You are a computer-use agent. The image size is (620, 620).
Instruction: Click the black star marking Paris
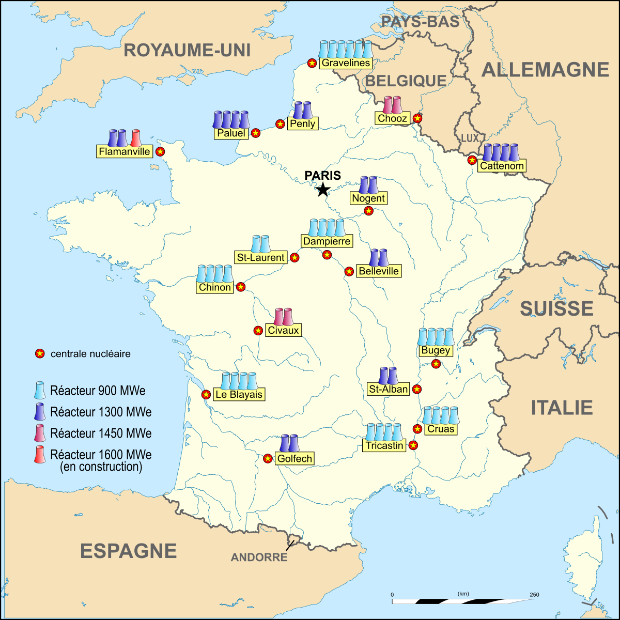click(323, 190)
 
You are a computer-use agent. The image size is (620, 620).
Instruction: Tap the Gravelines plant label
click(346, 63)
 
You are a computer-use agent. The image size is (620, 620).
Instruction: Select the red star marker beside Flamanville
click(160, 151)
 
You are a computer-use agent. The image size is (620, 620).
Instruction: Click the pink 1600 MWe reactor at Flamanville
click(136, 138)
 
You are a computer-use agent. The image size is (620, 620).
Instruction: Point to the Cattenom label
click(502, 166)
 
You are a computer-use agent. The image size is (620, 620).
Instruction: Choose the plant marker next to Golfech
click(268, 458)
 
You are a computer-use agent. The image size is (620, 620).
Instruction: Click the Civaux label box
click(283, 330)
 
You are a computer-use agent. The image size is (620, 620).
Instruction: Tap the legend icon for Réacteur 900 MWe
click(39, 390)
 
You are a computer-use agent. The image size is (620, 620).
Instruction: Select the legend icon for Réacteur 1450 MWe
click(39, 433)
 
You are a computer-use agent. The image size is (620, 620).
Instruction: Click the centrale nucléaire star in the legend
click(39, 354)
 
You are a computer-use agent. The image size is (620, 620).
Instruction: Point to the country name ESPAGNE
click(128, 551)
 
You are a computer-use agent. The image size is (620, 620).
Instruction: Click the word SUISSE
click(556, 308)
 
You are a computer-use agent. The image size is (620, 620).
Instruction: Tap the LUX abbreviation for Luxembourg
click(470, 138)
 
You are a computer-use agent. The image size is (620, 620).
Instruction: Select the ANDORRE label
click(259, 557)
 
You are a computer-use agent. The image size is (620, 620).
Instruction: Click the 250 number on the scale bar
click(534, 595)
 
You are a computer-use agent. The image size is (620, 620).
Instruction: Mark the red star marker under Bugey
click(436, 364)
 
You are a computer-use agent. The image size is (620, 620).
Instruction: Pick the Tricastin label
click(384, 445)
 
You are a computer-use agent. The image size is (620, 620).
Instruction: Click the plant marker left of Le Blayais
click(206, 394)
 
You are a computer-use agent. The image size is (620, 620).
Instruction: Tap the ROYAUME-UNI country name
click(187, 50)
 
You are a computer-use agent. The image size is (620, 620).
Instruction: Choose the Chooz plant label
click(393, 118)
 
